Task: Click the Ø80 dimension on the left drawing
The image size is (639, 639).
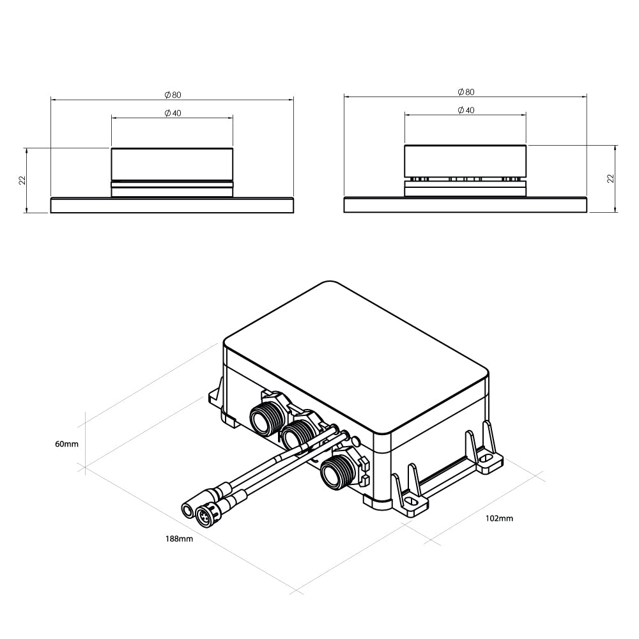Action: coord(173,95)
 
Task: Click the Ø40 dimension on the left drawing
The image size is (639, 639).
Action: coord(173,113)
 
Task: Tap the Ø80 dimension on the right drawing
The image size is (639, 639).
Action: coord(466,92)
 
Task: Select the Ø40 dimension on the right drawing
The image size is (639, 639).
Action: coord(466,111)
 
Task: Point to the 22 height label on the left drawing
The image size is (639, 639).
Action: coord(22,180)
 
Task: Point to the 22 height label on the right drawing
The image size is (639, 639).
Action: coord(610,178)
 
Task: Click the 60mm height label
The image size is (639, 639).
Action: coord(67,444)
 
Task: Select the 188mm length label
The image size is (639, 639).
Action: coord(179,539)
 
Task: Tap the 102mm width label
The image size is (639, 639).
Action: coord(499,518)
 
